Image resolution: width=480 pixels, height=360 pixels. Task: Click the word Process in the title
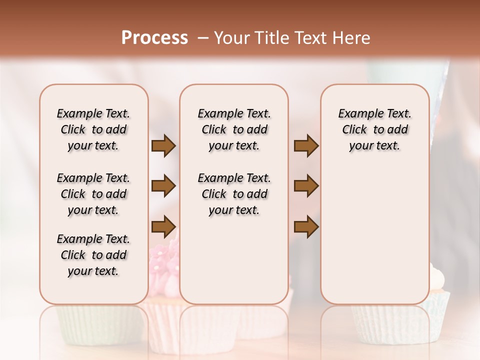pyautogui.click(x=154, y=38)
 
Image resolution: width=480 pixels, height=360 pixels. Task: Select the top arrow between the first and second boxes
pyautogui.click(x=163, y=146)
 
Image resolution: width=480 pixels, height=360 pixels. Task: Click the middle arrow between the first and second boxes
pyautogui.click(x=163, y=186)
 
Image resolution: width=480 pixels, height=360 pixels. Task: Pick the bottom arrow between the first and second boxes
pyautogui.click(x=163, y=226)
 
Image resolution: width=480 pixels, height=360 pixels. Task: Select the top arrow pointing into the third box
pyautogui.click(x=306, y=146)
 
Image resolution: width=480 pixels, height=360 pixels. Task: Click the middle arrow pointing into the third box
pyautogui.click(x=306, y=186)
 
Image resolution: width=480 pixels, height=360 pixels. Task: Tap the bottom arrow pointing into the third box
pyautogui.click(x=306, y=226)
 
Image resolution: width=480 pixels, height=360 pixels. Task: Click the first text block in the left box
pyautogui.click(x=93, y=129)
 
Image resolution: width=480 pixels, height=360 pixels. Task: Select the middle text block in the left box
pyautogui.click(x=93, y=194)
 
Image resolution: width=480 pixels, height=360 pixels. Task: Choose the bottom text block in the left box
pyautogui.click(x=93, y=255)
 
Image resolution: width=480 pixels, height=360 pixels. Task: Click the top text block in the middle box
pyautogui.click(x=234, y=129)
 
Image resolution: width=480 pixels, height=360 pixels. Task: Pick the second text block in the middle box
pyautogui.click(x=234, y=194)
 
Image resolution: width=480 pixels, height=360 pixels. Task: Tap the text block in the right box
pyautogui.click(x=374, y=129)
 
